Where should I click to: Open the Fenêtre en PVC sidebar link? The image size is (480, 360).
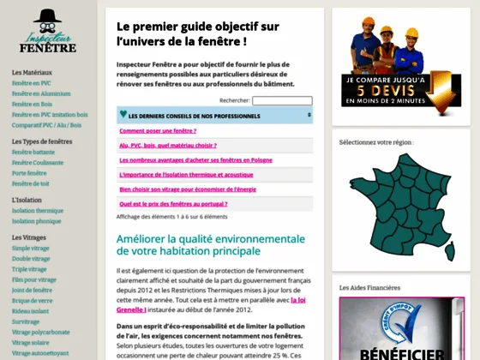point(32,84)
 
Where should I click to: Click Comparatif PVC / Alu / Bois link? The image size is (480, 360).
point(47,124)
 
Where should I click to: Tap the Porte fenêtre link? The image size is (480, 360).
point(29,172)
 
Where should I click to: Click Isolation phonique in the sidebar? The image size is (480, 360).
point(37,220)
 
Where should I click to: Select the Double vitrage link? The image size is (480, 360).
point(31,258)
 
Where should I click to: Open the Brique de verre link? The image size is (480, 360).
point(33,300)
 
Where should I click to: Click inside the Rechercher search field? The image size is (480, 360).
point(282,100)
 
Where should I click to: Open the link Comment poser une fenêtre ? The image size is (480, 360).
point(159,131)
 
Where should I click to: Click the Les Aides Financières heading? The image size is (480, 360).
point(369,287)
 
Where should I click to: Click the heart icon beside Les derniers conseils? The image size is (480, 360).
point(123,115)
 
